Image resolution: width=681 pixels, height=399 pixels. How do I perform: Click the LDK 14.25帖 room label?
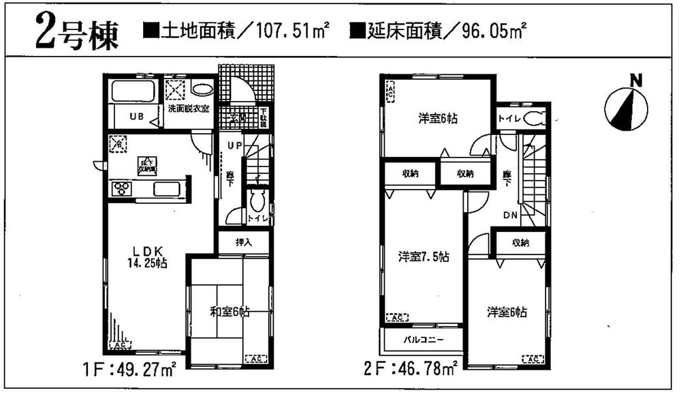pyautogui.click(x=147, y=256)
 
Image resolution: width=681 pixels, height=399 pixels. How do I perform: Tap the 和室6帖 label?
pyautogui.click(x=229, y=312)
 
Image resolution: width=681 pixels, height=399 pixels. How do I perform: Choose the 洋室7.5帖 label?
pyautogui.click(x=424, y=257)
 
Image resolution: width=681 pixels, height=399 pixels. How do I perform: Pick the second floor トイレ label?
pyautogui.click(x=509, y=118)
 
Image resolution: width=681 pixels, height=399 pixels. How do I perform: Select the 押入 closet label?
pyautogui.click(x=243, y=242)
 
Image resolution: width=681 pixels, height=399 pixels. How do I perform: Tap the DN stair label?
pyautogui.click(x=511, y=216)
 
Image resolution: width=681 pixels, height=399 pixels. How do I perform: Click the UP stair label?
pyautogui.click(x=234, y=145)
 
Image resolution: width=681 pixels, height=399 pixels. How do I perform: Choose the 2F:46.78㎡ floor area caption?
pyautogui.click(x=411, y=372)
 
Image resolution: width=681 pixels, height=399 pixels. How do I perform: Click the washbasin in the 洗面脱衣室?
pyautogui.click(x=202, y=89)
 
